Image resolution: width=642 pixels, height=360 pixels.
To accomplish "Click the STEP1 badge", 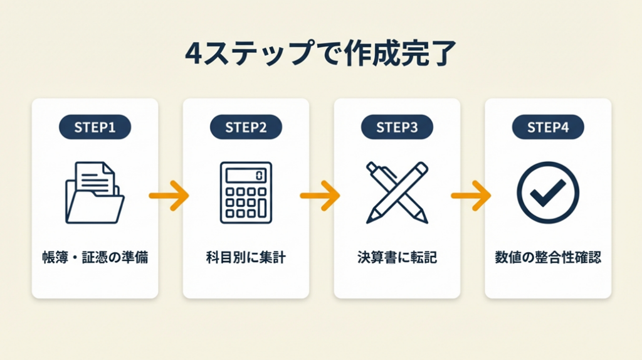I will click(x=95, y=127).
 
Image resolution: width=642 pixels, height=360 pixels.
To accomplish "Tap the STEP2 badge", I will click(x=246, y=127).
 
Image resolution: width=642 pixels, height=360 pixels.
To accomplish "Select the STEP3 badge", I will click(x=397, y=127).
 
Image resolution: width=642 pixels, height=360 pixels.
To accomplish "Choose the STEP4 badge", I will click(x=548, y=127).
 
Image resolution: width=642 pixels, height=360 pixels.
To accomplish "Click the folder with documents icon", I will click(x=95, y=193).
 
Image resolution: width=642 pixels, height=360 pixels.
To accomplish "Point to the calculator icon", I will click(x=246, y=193).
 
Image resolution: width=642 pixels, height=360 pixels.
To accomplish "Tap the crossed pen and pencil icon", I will click(x=397, y=193).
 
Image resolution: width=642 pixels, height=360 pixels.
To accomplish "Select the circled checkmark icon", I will click(x=548, y=193).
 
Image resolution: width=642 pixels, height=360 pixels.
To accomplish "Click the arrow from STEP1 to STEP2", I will click(x=169, y=196).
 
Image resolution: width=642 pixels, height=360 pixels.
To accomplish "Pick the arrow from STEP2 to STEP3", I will click(x=320, y=196).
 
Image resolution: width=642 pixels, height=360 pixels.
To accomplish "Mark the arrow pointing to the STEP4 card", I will click(x=471, y=196).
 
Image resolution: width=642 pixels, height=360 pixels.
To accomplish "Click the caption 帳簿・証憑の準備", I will click(x=95, y=257).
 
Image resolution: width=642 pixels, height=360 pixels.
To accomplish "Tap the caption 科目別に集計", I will click(x=246, y=257).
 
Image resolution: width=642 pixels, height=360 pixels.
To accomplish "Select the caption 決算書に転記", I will click(x=397, y=257).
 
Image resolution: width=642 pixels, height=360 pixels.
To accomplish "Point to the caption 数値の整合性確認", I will click(x=548, y=257).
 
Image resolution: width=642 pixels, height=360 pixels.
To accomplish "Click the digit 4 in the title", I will click(x=194, y=55).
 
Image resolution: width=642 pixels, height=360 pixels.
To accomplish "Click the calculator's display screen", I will click(x=246, y=174).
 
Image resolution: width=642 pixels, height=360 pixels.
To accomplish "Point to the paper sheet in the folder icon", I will click(x=94, y=177).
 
